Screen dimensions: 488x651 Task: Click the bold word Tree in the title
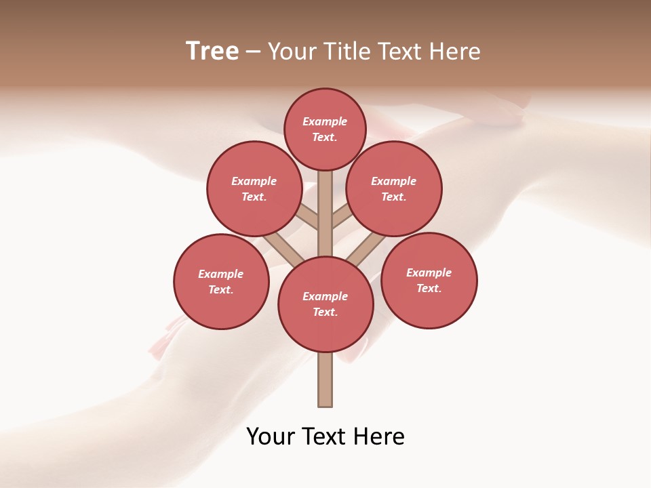click(x=212, y=52)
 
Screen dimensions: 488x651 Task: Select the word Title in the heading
click(x=346, y=52)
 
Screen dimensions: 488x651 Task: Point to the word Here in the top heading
click(x=456, y=52)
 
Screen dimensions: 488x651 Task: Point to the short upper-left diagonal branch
click(x=307, y=218)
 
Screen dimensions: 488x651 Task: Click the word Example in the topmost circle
click(x=325, y=121)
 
